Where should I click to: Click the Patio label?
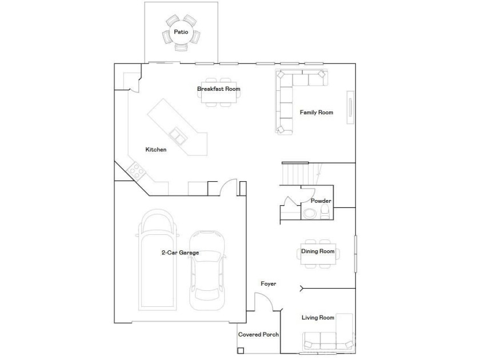click(x=181, y=32)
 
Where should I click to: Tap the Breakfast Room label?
click(x=218, y=89)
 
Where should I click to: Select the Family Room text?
click(x=316, y=113)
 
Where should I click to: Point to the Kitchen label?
click(x=156, y=149)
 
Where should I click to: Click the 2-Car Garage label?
click(x=180, y=253)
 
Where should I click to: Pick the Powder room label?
click(x=321, y=201)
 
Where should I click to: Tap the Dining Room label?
click(x=318, y=251)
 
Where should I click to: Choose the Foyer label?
click(x=269, y=284)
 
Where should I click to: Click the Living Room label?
click(x=318, y=318)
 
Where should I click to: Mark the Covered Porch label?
click(x=258, y=335)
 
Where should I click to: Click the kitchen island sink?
click(x=178, y=135)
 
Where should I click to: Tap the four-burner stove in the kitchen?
click(x=136, y=170)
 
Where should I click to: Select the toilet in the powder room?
click(x=325, y=212)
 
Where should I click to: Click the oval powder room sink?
click(x=310, y=213)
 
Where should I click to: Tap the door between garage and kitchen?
click(x=229, y=187)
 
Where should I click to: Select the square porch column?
click(x=241, y=351)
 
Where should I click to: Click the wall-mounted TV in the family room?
click(x=350, y=107)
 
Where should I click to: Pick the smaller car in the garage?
click(x=207, y=270)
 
